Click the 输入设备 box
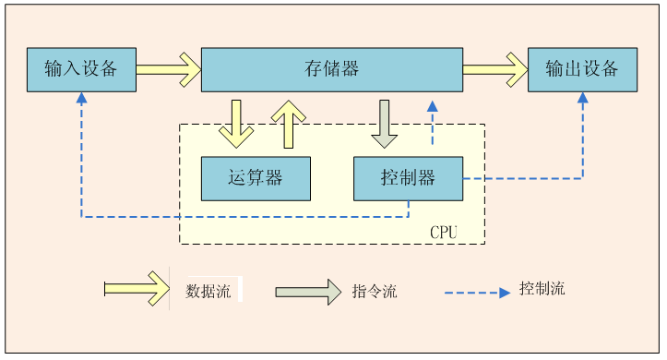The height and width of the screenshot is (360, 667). point(81,69)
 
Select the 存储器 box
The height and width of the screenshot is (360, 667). point(331,69)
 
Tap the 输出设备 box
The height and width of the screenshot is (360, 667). point(582,69)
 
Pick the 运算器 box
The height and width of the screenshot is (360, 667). point(256,178)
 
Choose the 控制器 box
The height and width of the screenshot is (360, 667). point(408,178)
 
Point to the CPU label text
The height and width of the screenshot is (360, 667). point(443,232)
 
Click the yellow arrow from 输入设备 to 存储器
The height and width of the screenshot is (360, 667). point(169,68)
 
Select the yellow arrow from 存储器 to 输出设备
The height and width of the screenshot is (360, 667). point(494,68)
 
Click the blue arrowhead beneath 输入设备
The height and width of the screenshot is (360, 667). point(81,98)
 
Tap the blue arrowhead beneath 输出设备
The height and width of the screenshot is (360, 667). point(582,98)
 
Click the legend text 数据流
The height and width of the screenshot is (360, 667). point(208,291)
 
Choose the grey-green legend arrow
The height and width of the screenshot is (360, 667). point(307,291)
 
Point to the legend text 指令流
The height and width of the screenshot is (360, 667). point(375,291)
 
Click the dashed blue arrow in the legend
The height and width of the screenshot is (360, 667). point(477,292)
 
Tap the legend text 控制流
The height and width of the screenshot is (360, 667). point(542,288)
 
